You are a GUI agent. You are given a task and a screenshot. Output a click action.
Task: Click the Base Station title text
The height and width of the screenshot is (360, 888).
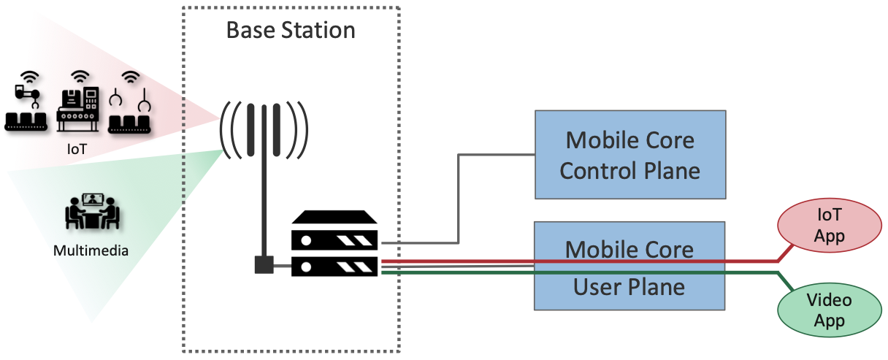[x=291, y=30]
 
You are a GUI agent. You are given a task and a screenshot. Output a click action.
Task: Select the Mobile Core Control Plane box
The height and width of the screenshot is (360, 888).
[x=630, y=154]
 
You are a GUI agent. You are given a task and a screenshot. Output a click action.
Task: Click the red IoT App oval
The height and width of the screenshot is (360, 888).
[x=830, y=225]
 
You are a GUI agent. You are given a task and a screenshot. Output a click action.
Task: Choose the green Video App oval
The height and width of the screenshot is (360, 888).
[x=830, y=310]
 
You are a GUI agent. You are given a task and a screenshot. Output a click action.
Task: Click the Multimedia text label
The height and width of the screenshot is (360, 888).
[x=91, y=251]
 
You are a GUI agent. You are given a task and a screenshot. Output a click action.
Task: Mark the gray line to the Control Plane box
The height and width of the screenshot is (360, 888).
[x=458, y=197]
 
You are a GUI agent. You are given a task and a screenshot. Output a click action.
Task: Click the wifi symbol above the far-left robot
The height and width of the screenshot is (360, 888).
[x=29, y=77]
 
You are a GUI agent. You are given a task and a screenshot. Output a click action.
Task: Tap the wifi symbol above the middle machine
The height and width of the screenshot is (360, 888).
[x=80, y=77]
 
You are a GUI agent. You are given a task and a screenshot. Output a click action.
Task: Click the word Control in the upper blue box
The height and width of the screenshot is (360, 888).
[x=593, y=171]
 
